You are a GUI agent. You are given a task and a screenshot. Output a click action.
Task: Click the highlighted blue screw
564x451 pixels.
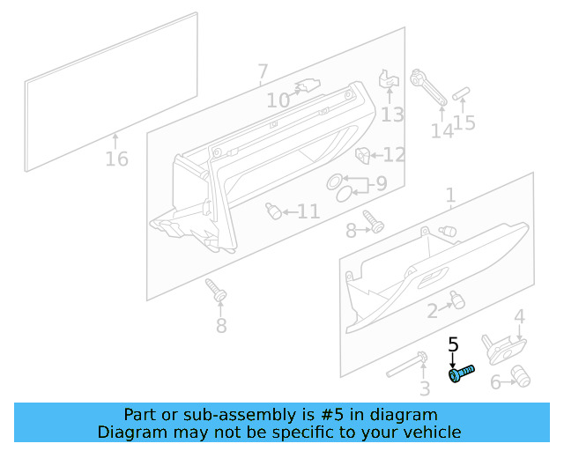click(x=461, y=374)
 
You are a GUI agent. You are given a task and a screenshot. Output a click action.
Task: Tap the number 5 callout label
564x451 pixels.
click(x=454, y=344)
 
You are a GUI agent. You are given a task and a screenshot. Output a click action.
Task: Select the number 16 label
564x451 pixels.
click(x=116, y=159)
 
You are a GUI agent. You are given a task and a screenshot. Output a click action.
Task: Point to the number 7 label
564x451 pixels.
click(x=263, y=71)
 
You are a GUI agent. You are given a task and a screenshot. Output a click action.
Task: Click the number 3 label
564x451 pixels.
click(x=424, y=388)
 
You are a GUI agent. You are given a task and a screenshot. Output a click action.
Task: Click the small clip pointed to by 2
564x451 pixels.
click(x=456, y=299)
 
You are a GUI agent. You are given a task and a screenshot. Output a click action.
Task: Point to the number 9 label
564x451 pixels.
click(x=381, y=184)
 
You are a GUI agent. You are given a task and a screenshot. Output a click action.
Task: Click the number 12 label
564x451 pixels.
click(x=393, y=155)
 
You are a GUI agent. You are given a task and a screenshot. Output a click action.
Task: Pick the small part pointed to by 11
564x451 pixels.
click(x=274, y=211)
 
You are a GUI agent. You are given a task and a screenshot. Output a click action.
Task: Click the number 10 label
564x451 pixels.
click(x=278, y=101)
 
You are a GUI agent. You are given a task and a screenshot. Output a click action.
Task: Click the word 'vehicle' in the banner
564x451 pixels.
click(x=431, y=432)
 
